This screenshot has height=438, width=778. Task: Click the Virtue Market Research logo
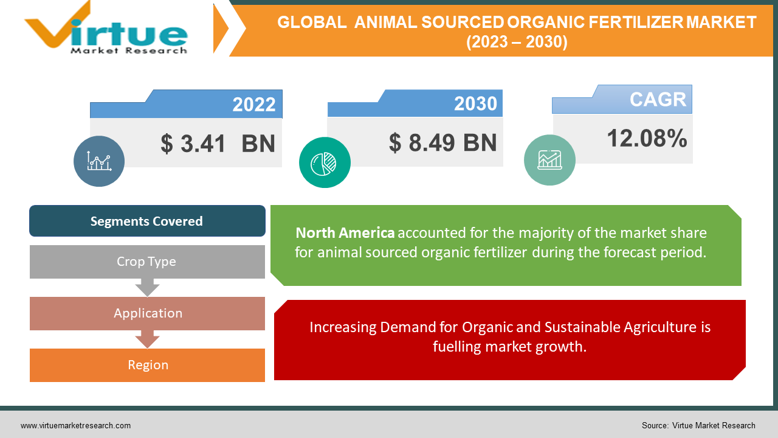coord(106,29)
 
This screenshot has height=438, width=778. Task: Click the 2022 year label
coord(254,105)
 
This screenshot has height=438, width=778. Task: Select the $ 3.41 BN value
coord(218,144)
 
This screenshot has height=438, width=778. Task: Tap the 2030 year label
coord(475,104)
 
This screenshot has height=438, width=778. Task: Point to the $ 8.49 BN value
coord(442,142)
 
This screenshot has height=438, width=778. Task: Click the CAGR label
coord(658,100)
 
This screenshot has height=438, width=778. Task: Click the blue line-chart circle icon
coord(99,161)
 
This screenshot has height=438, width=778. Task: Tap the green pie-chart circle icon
coord(325,162)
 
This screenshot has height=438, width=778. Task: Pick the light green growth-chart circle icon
coord(549,160)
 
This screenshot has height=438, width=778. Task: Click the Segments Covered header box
coord(147,221)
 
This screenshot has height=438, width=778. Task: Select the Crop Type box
coord(147,262)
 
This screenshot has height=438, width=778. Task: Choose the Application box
coord(147,313)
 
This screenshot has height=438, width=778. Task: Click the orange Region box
coord(147,365)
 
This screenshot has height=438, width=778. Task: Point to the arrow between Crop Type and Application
coord(147,287)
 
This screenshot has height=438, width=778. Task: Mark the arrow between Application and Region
coord(147,339)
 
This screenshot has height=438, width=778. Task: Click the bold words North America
coord(345,233)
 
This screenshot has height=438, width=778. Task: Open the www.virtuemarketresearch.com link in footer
coord(75,426)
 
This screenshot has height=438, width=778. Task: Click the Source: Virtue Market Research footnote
coord(698,426)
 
